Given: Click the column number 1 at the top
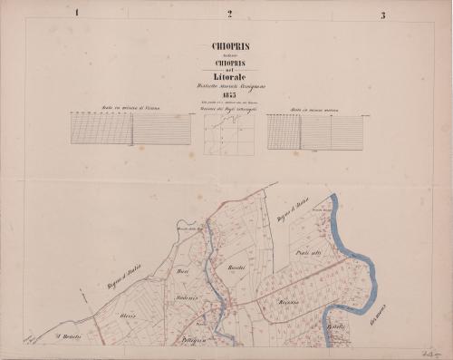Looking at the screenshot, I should (x=78, y=14).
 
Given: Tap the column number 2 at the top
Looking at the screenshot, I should (x=230, y=14).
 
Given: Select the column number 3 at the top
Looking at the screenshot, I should (x=383, y=15).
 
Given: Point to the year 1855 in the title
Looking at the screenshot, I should (x=230, y=98).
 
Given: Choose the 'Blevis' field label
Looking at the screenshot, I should (x=127, y=314).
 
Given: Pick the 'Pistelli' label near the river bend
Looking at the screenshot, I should (x=335, y=326).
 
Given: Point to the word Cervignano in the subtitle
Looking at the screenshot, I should (x=250, y=88).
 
